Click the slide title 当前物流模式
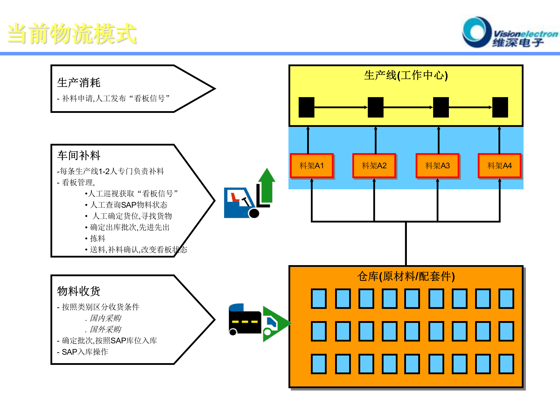click(x=72, y=34)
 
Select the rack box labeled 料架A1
click(x=311, y=166)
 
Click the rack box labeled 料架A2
click(x=374, y=166)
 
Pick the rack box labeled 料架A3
click(x=437, y=166)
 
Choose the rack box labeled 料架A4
click(x=499, y=166)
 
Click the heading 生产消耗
click(x=79, y=83)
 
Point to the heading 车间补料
click(x=79, y=155)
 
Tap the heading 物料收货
click(x=79, y=291)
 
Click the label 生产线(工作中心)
click(x=406, y=75)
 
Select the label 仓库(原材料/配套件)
click(x=406, y=276)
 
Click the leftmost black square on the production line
click(x=306, y=107)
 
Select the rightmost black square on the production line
click(x=500, y=107)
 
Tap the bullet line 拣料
click(x=97, y=238)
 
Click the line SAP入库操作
click(x=85, y=352)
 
